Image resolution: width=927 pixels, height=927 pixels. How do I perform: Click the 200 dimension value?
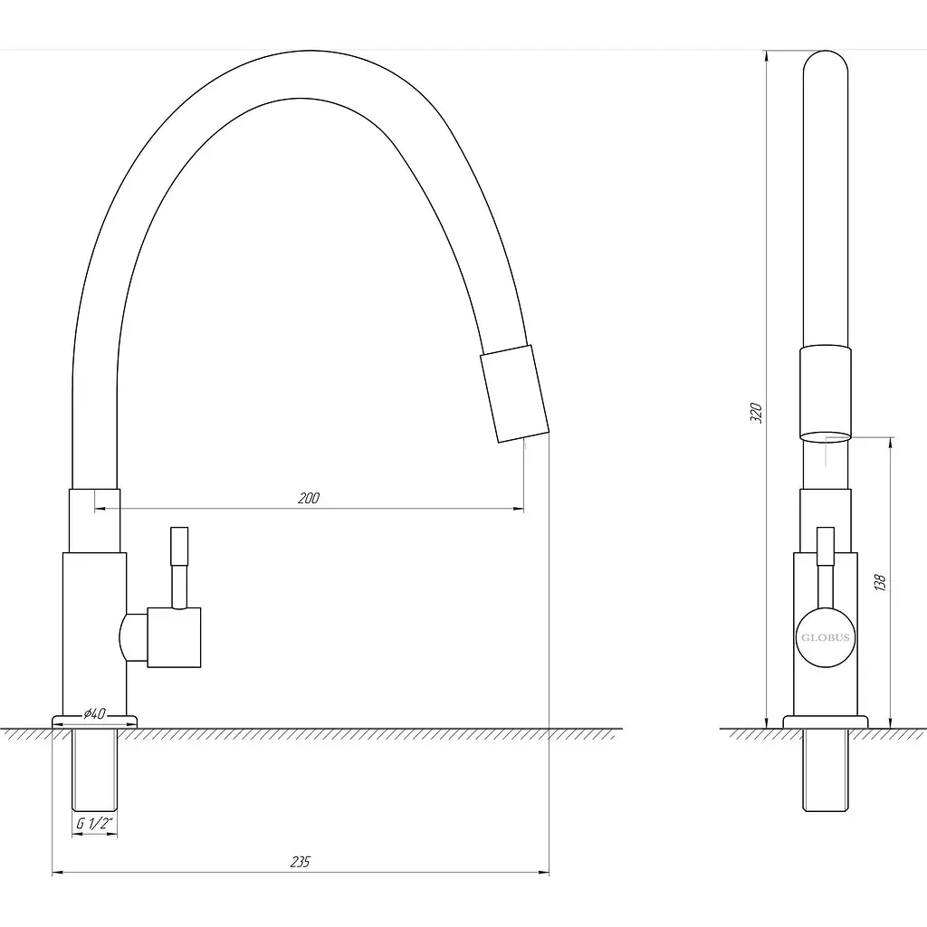coord(309,498)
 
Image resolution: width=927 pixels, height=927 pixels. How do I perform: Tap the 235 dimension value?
coord(301,862)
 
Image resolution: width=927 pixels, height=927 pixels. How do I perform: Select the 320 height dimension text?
coord(756,413)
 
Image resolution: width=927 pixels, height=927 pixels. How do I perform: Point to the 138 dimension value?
coord(880,582)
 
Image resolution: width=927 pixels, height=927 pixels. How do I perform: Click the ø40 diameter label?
coord(94,713)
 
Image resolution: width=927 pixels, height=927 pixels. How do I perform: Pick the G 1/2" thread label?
coord(94,823)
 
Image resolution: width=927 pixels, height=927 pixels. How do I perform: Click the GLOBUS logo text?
coord(826,637)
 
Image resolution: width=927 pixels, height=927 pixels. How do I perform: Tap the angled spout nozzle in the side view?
coord(514,393)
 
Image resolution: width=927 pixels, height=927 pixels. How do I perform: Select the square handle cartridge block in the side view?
coord(174,637)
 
